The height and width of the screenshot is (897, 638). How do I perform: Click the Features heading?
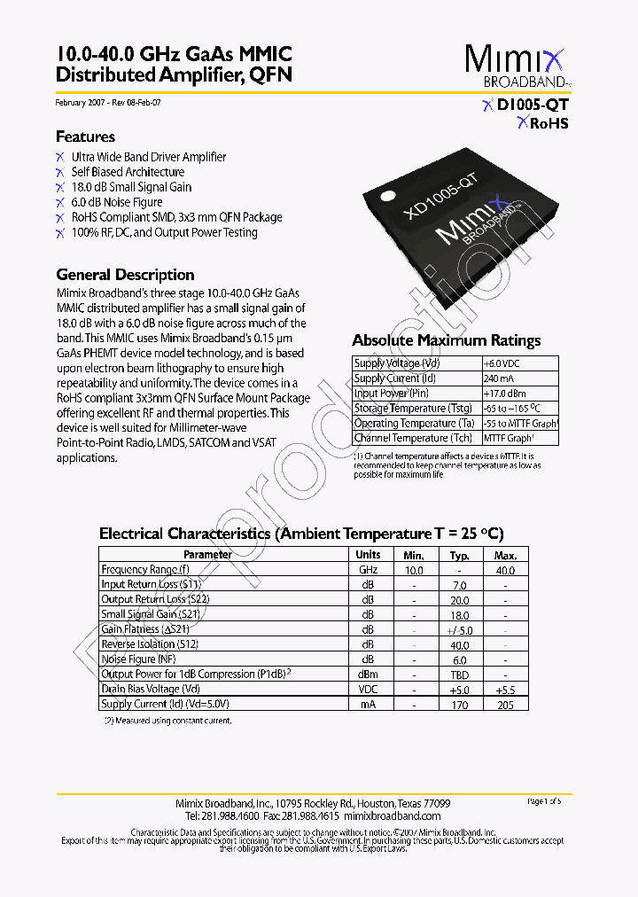(85, 136)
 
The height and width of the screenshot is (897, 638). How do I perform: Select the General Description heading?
(125, 275)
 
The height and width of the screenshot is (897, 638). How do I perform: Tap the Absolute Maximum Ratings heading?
(446, 340)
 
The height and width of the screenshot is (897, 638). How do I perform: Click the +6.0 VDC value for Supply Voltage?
(503, 363)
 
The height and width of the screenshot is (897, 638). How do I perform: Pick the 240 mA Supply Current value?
(499, 378)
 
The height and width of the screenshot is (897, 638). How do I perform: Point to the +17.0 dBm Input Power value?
(505, 394)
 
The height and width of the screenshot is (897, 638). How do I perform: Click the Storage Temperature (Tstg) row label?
(413, 409)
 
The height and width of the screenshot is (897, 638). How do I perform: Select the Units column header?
(368, 555)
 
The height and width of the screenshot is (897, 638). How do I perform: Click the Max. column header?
(505, 555)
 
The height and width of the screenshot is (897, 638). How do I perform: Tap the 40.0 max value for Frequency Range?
(505, 571)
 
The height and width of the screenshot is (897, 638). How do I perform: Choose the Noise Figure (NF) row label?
(138, 659)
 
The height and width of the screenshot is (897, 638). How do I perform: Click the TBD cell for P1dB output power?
(459, 675)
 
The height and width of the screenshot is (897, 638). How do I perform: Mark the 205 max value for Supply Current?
(505, 705)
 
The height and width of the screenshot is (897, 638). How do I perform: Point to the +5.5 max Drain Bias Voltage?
(505, 690)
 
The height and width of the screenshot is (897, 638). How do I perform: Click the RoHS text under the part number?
(548, 124)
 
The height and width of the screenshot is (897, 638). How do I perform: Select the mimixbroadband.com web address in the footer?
(392, 815)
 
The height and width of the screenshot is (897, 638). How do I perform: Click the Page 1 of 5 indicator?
(544, 801)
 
